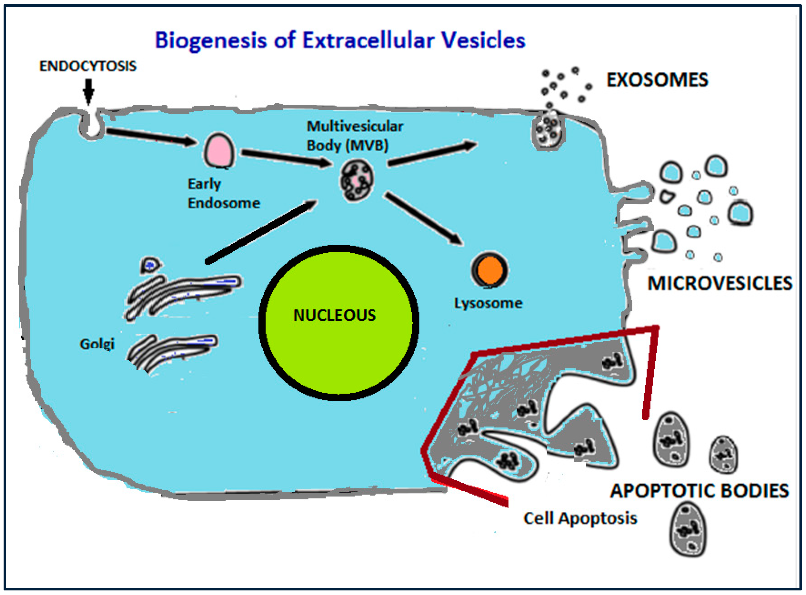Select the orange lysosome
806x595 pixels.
[x=489, y=270]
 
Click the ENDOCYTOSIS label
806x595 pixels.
[x=88, y=66]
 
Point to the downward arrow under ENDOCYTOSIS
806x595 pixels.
[x=89, y=91]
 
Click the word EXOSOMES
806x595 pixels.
[x=657, y=80]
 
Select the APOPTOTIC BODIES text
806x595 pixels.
[x=699, y=491]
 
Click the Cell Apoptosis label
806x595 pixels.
[x=580, y=518]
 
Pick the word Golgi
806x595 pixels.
[x=97, y=344]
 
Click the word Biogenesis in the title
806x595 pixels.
[x=211, y=40]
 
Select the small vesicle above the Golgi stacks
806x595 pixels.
[x=150, y=266]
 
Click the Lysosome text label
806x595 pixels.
[x=488, y=304]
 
